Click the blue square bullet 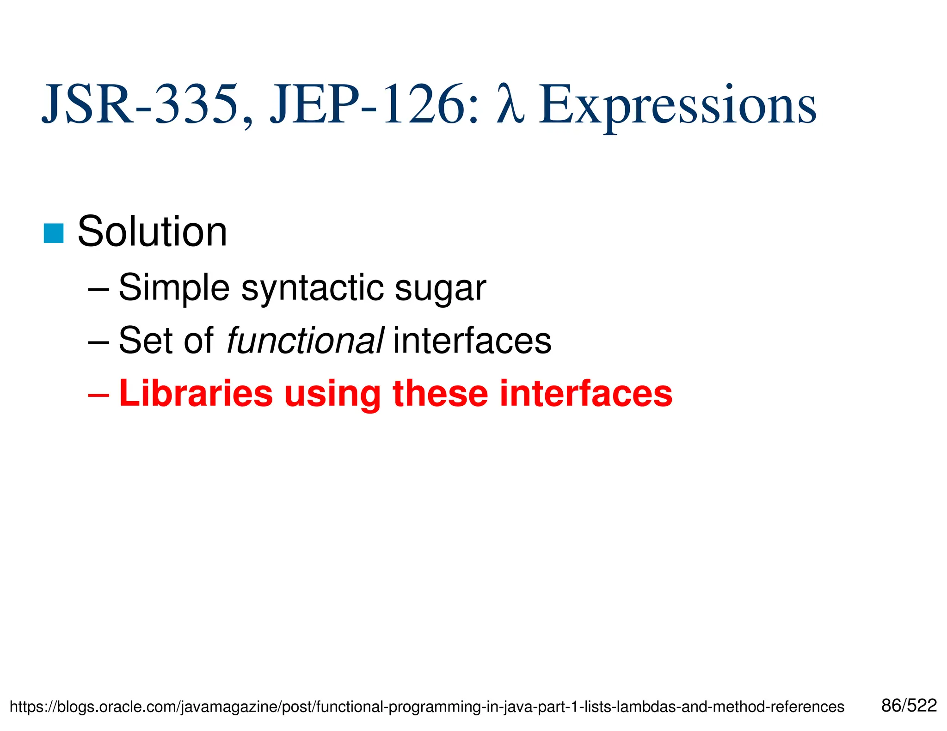pyautogui.click(x=54, y=233)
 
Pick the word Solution pyautogui.click(x=152, y=232)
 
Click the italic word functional pyautogui.click(x=305, y=341)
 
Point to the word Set pyautogui.click(x=141, y=341)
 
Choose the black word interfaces pyautogui.click(x=472, y=341)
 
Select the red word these pyautogui.click(x=441, y=394)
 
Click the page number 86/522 pyautogui.click(x=909, y=706)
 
